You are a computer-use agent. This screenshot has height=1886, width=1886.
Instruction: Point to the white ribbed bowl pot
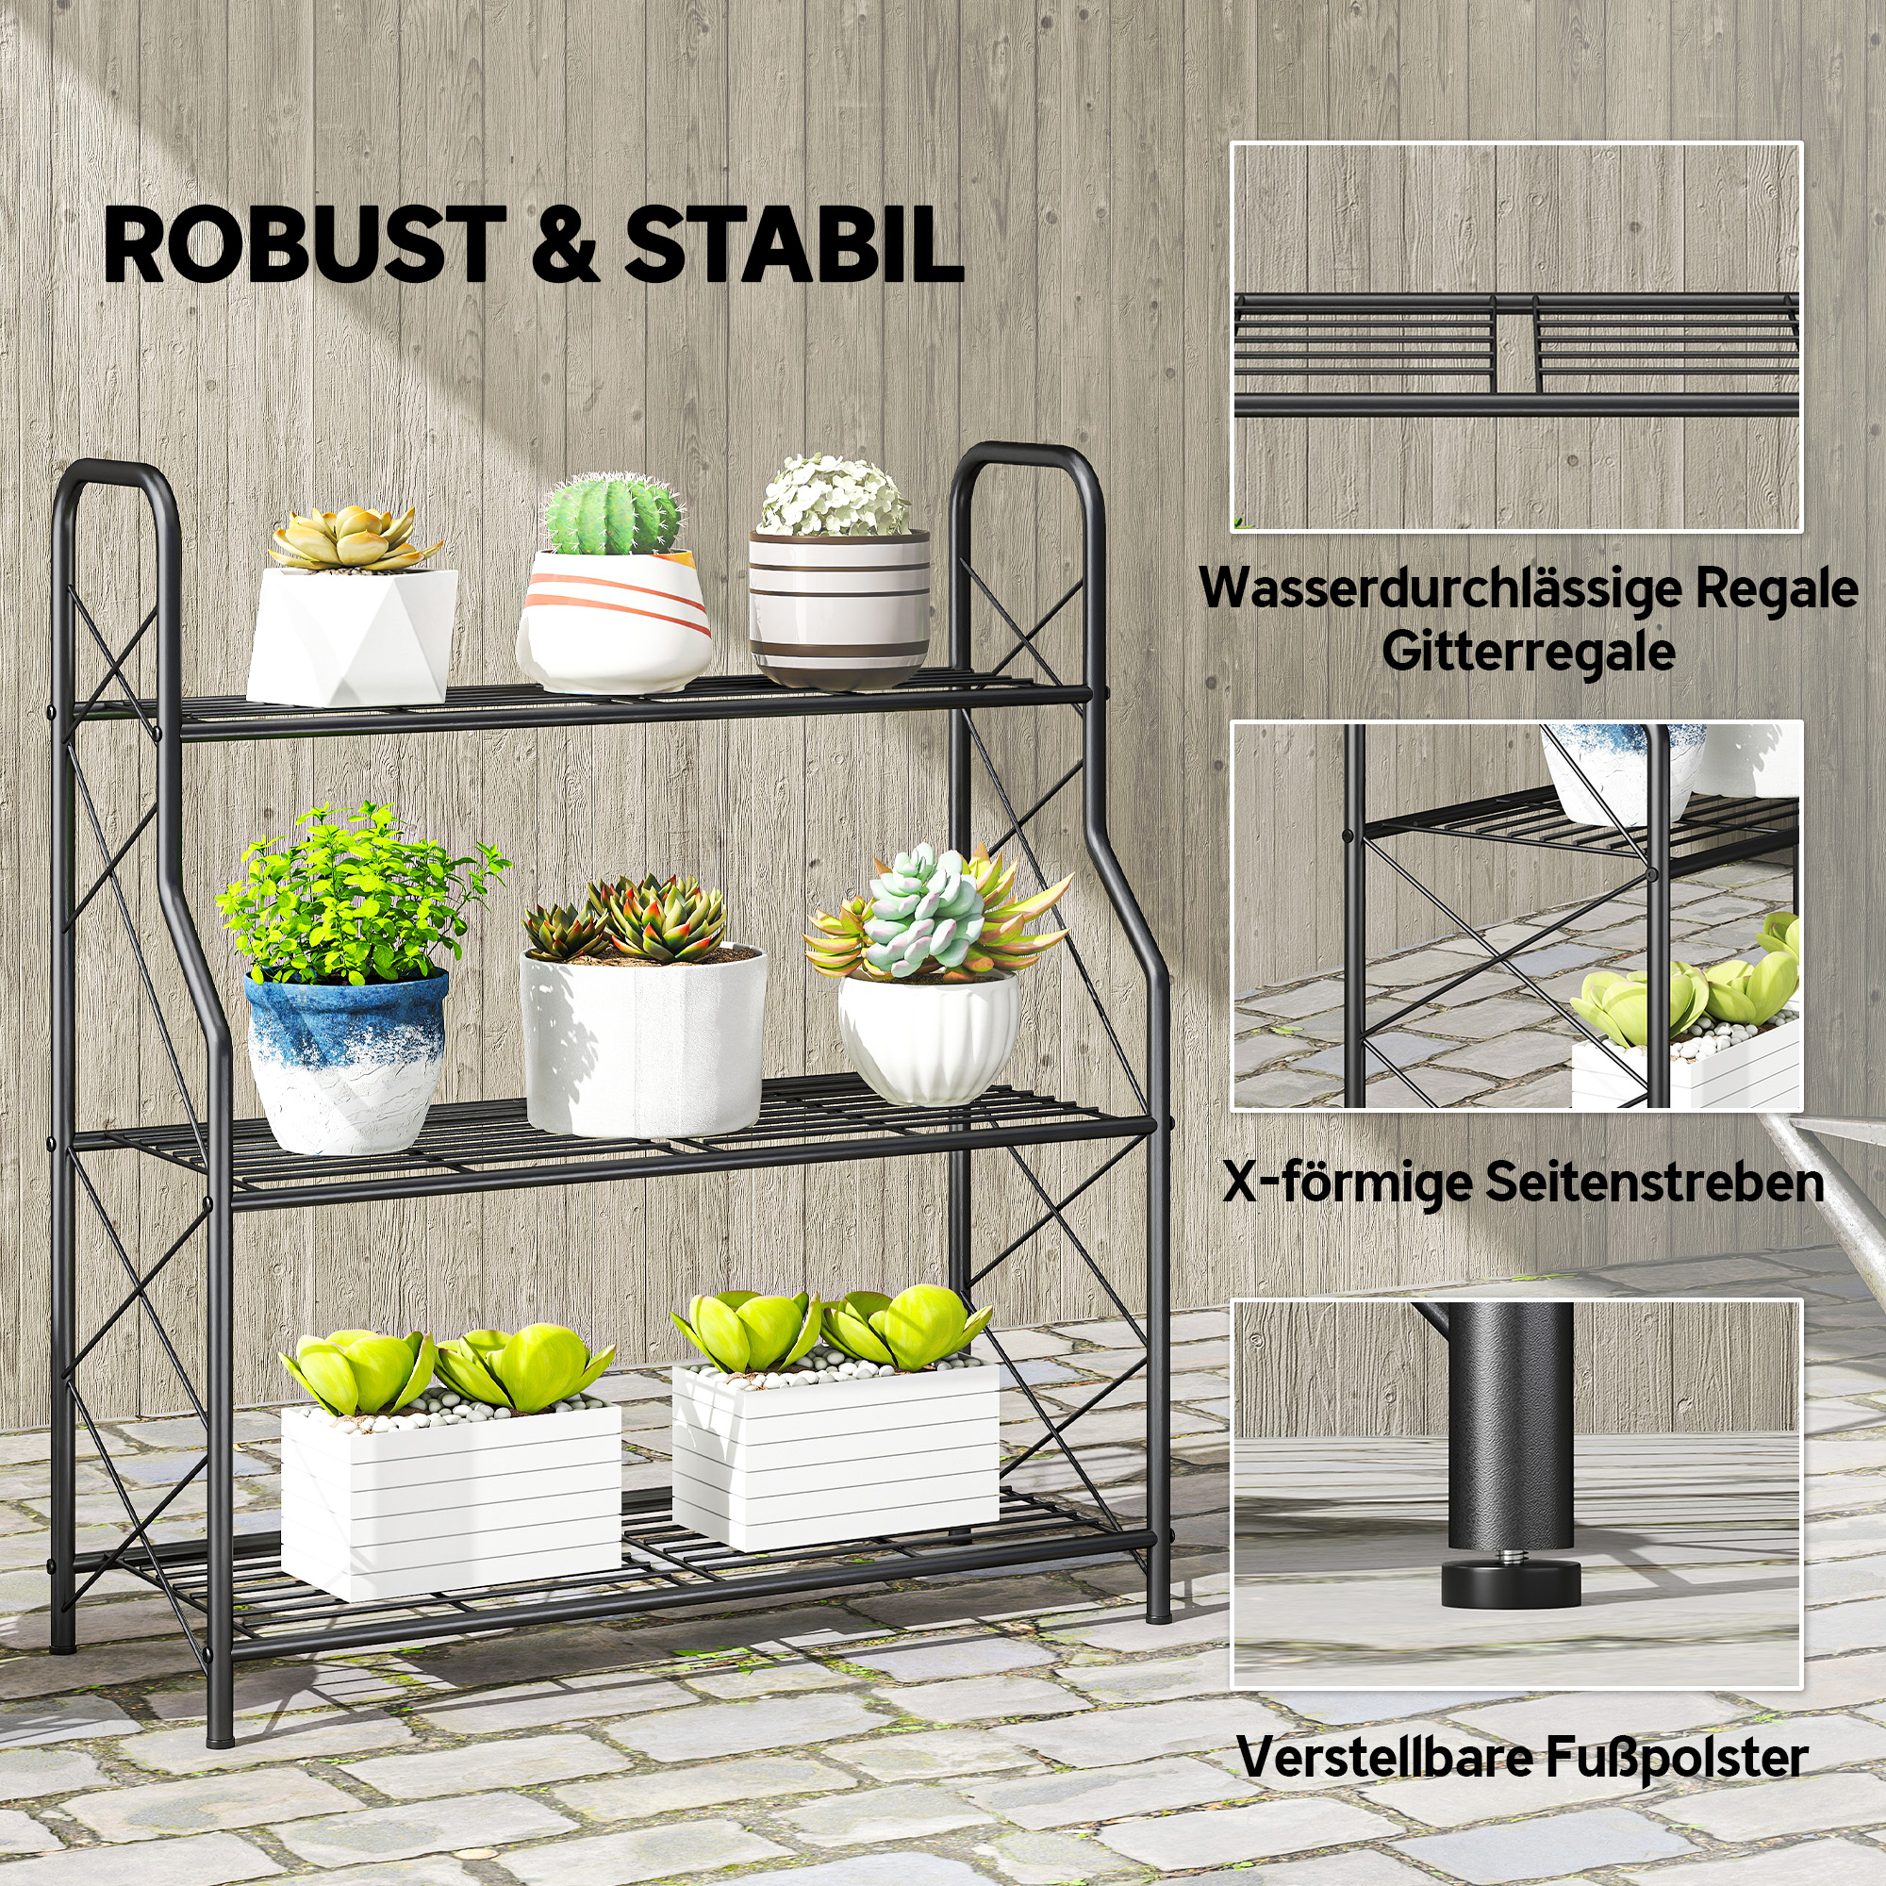pyautogui.click(x=928, y=1034)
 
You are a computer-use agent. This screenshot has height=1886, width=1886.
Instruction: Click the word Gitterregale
pyautogui.click(x=1528, y=651)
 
